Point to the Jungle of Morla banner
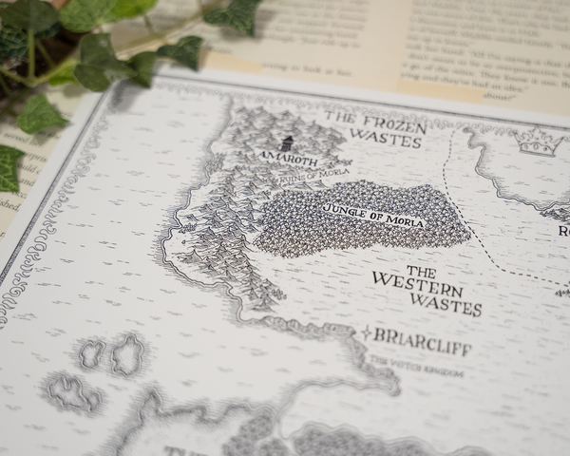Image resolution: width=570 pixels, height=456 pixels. click(x=372, y=215)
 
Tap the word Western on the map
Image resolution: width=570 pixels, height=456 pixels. click(x=417, y=282)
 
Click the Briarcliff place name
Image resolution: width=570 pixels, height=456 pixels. click(x=423, y=343)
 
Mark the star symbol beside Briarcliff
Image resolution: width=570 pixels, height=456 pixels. click(x=365, y=332)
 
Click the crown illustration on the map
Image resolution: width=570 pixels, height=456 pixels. click(x=538, y=143)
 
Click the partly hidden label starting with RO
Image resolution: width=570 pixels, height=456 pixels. click(x=562, y=231)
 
